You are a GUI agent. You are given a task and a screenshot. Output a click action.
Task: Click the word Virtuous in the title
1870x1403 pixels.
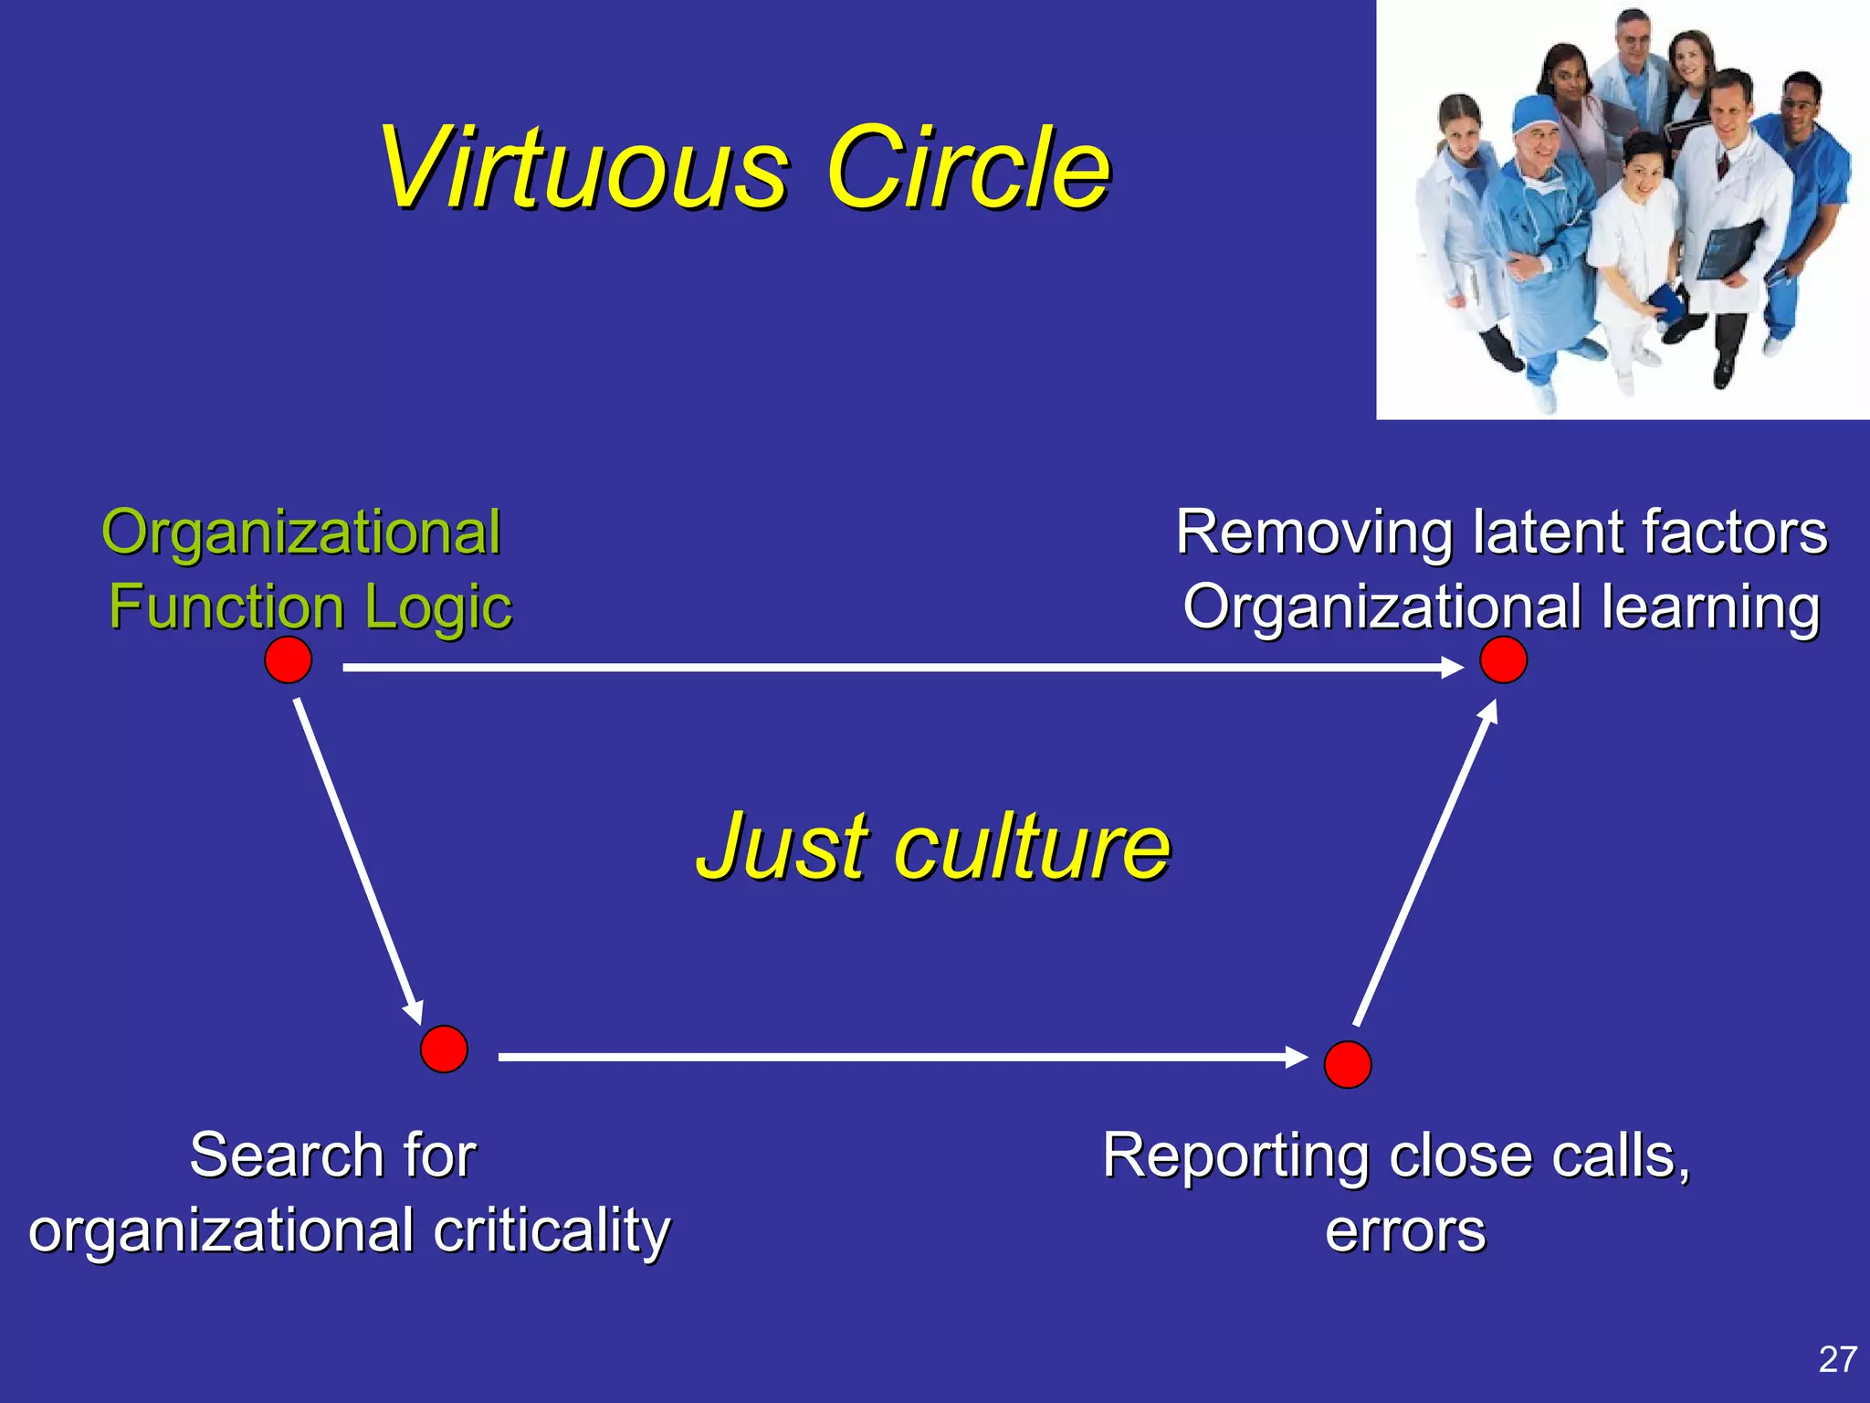(584, 169)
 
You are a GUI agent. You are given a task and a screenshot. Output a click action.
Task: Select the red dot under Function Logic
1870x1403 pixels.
(288, 659)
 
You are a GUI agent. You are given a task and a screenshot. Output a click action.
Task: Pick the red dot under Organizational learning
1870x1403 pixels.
(1503, 659)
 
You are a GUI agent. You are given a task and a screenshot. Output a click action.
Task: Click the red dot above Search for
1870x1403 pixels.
(444, 1049)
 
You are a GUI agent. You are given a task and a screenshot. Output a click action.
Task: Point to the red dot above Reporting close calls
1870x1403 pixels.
(1347, 1064)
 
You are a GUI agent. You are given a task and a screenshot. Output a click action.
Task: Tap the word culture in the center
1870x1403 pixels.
(1032, 848)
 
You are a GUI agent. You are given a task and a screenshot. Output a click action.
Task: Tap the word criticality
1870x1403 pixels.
(552, 1231)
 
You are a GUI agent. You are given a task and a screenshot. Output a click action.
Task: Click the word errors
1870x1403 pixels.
(1404, 1231)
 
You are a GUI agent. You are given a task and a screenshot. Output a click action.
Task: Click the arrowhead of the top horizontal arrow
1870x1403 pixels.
(1452, 668)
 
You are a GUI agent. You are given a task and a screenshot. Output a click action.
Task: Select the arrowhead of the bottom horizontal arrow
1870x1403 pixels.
(1297, 1057)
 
